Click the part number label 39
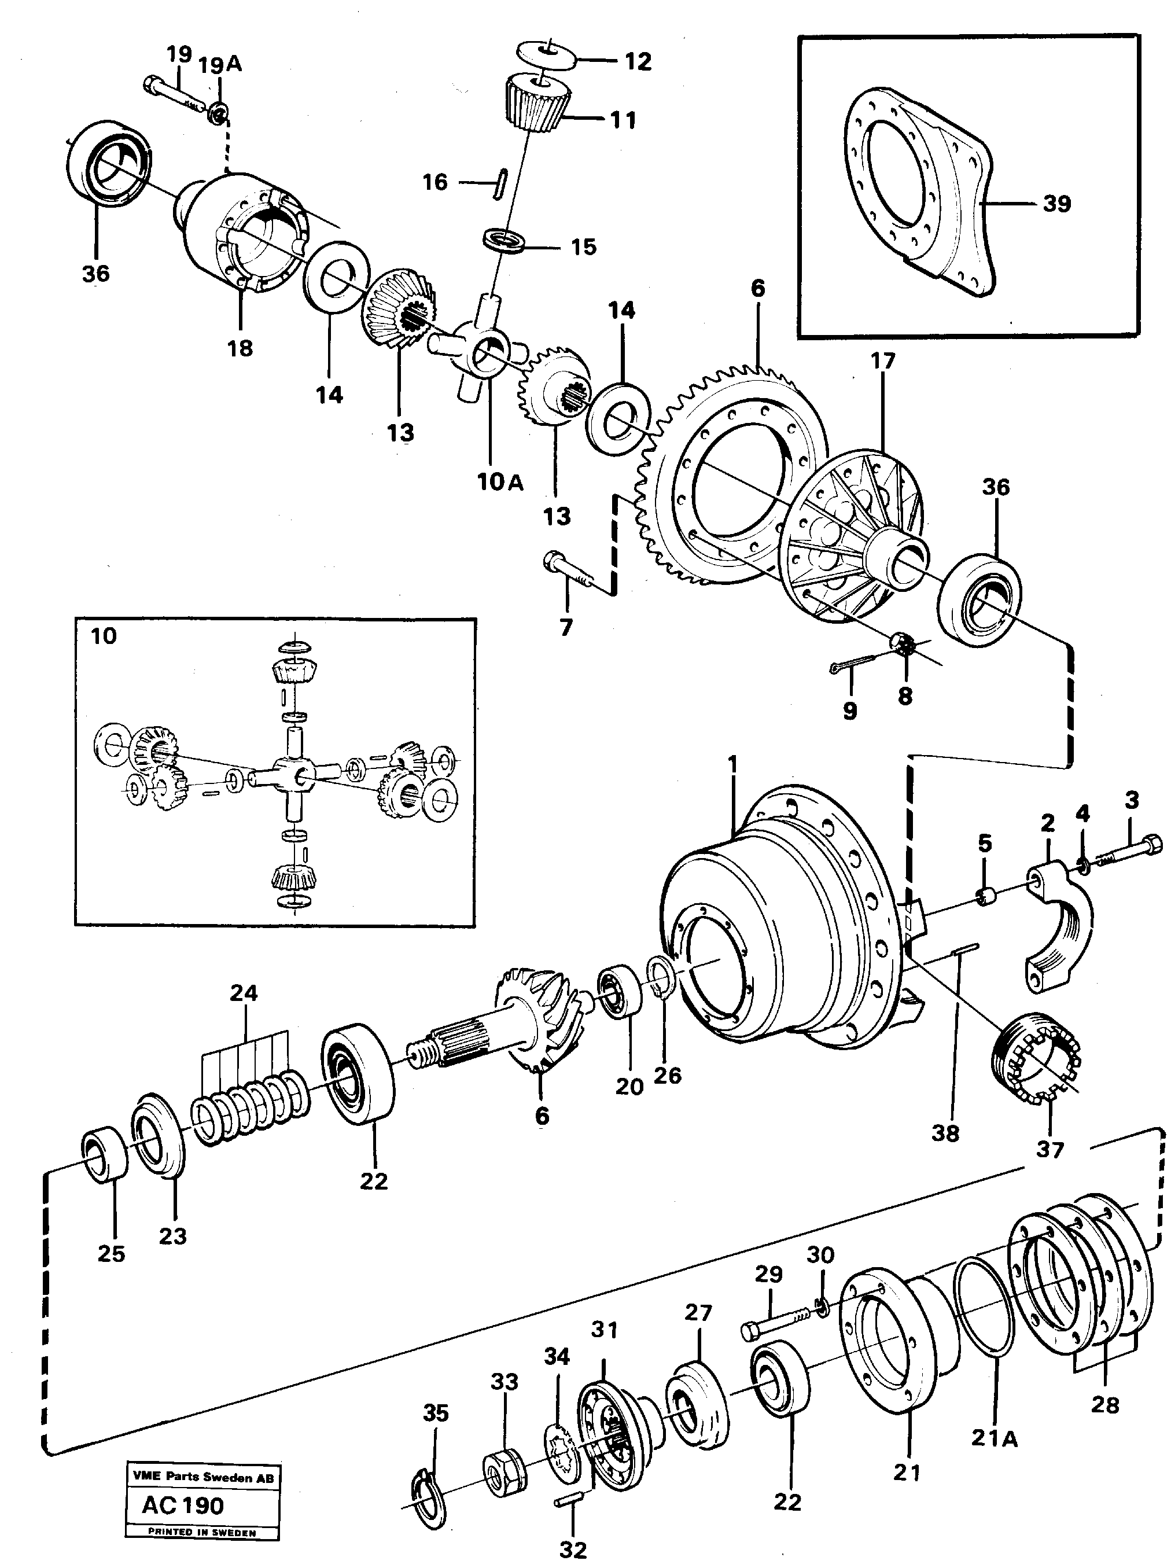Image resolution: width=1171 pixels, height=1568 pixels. coord(1056,204)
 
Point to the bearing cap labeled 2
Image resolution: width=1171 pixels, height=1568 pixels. coord(1060,922)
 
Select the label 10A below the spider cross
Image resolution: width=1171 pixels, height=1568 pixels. coord(500,482)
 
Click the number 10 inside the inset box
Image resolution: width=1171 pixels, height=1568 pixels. coord(104,636)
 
